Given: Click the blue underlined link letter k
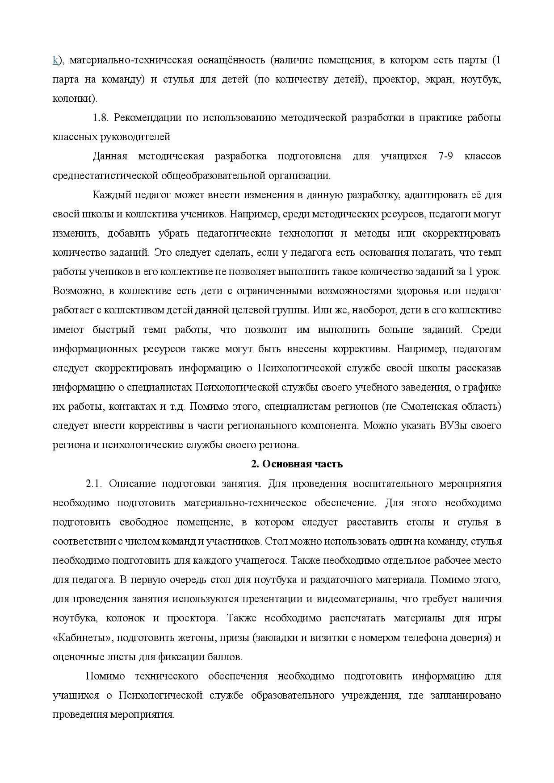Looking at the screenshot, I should click(55, 61).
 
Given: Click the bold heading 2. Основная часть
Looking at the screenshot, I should click(297, 464).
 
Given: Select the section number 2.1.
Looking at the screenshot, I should click(94, 484).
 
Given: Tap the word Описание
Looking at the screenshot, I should click(132, 484).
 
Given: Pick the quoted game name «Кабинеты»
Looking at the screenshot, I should click(81, 637).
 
